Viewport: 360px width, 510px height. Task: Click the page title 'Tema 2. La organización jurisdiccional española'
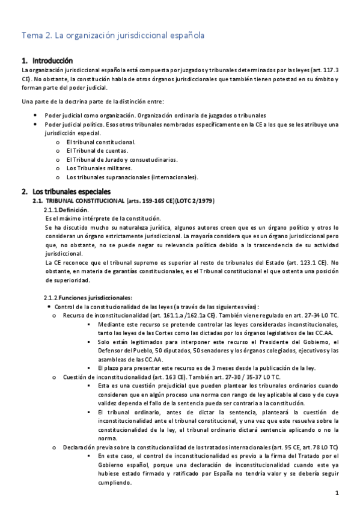click(113, 35)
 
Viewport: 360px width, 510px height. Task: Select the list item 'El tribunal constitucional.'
click(101, 142)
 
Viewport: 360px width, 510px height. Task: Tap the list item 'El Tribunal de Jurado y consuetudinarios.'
click(122, 160)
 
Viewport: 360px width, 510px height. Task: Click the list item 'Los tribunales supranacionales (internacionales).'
click(132, 177)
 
